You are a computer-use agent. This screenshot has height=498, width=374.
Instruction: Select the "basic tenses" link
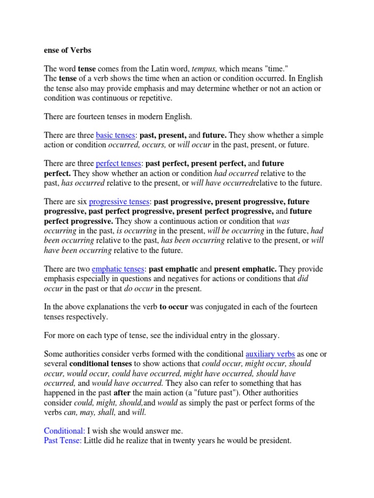114,135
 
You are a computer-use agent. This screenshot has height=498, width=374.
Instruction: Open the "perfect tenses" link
118,163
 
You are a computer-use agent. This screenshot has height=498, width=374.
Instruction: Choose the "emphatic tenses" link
118,269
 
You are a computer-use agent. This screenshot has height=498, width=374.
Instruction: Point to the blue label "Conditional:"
64,431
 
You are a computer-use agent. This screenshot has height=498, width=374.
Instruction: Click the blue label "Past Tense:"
63,441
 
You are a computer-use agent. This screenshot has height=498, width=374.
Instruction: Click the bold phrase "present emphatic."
245,269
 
